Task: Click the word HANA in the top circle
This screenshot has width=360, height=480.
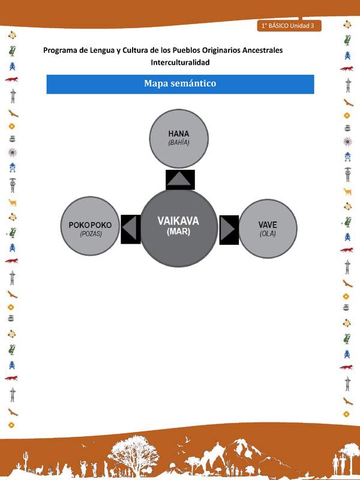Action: tap(179, 133)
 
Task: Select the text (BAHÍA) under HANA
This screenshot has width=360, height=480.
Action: tap(179, 143)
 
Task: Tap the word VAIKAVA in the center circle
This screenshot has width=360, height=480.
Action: tap(178, 221)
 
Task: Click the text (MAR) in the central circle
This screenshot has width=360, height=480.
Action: tap(178, 232)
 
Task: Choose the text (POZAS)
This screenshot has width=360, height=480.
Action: tap(91, 235)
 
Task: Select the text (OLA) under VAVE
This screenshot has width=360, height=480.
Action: tap(268, 234)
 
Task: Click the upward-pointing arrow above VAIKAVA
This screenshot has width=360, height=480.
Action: tap(180, 179)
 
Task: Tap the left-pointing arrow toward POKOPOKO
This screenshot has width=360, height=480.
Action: tap(130, 229)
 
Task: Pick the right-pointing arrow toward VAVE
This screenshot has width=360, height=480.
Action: tap(229, 229)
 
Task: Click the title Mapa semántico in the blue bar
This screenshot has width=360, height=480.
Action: tap(180, 83)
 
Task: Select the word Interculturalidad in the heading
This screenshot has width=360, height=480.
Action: tap(180, 62)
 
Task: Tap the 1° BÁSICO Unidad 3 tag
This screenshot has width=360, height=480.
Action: tap(290, 26)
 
